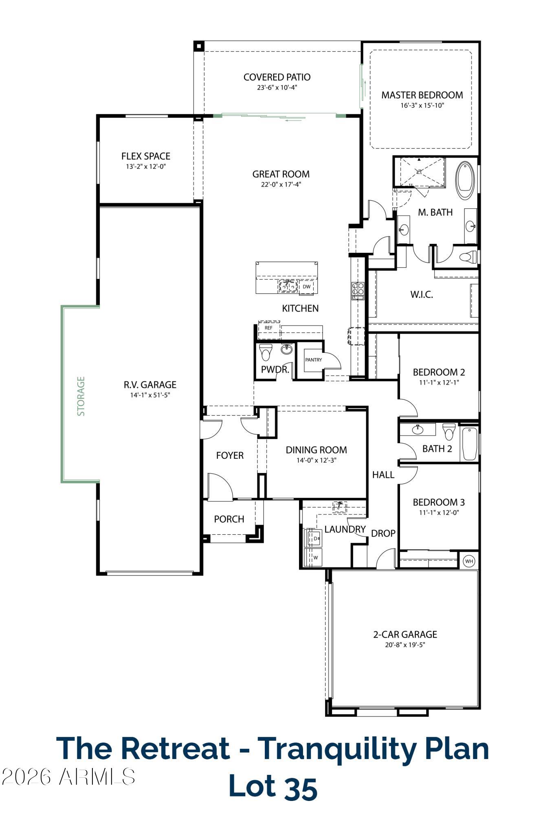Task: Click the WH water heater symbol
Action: (469, 561)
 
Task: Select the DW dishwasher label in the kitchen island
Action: (306, 287)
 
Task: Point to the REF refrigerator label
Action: (268, 328)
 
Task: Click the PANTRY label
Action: (313, 360)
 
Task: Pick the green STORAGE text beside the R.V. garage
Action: (81, 396)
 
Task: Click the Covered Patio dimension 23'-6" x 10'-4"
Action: (277, 87)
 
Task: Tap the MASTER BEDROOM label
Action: (422, 95)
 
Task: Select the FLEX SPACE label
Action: (145, 156)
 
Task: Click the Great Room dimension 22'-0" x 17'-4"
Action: (281, 184)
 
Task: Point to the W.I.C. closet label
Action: (422, 294)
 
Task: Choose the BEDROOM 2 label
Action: (439, 372)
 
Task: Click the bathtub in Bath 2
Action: (470, 444)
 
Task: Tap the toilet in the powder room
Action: (266, 352)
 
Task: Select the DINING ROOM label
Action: (316, 450)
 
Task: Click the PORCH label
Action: (229, 519)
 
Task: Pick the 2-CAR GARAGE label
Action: (405, 634)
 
